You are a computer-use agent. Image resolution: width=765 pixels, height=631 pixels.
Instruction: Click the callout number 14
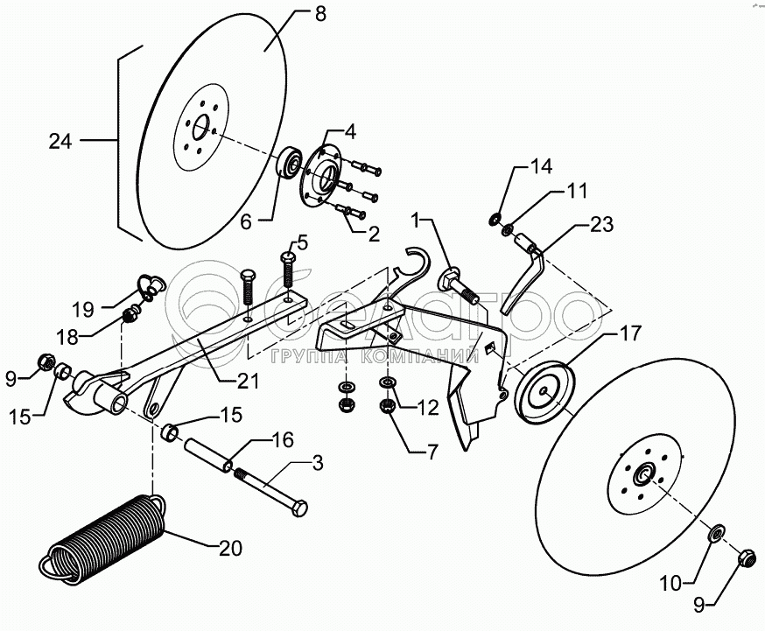(542, 165)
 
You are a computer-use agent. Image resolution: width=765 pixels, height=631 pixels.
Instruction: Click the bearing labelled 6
(289, 164)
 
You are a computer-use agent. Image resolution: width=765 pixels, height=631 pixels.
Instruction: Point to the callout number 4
(349, 133)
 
